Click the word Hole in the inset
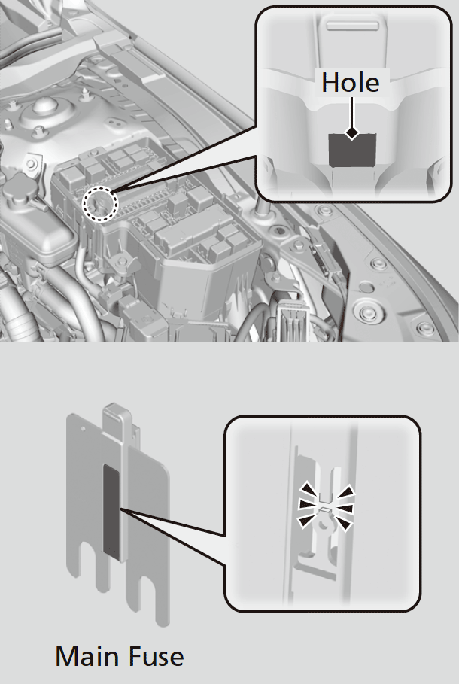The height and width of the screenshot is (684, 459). pyautogui.click(x=351, y=82)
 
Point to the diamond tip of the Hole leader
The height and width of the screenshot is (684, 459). pyautogui.click(x=351, y=133)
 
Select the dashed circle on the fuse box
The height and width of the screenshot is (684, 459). pyautogui.click(x=99, y=202)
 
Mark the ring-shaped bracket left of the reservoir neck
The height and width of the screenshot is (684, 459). pyautogui.click(x=32, y=161)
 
